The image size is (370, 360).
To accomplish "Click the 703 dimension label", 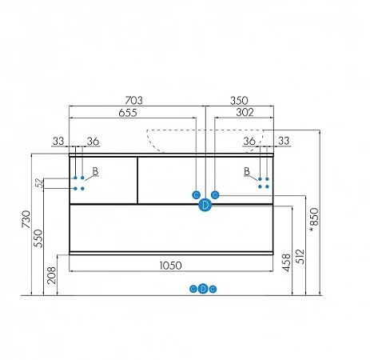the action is (x=133, y=101).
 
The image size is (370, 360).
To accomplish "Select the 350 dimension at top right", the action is (x=239, y=101).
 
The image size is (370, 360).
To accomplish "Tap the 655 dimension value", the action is (x=128, y=113).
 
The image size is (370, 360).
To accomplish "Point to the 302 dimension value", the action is (x=245, y=113).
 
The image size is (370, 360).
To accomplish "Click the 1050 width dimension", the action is (x=171, y=266).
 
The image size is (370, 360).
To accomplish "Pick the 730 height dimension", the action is (x=26, y=219).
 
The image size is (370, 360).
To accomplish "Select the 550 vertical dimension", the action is (x=38, y=238).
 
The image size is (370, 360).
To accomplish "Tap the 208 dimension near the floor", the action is (x=52, y=275).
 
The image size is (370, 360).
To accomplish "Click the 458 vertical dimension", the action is (x=286, y=262).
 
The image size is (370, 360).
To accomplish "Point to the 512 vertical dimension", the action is (x=300, y=256).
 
